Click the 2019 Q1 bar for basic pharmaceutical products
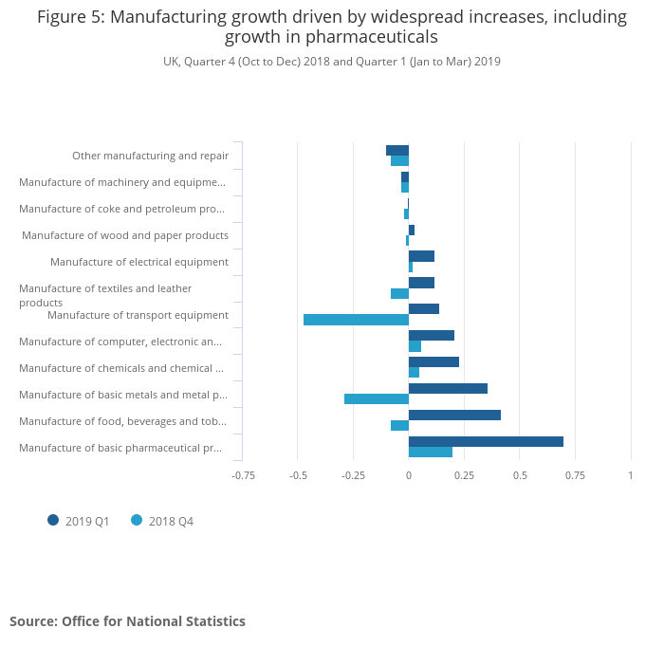coord(486,441)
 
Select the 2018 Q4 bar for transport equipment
coord(356,320)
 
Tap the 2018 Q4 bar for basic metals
coord(377,398)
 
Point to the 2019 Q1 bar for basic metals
coord(448,388)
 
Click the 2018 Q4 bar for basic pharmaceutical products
coord(431,452)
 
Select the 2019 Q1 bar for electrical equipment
coord(421,256)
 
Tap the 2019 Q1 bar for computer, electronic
coord(432,335)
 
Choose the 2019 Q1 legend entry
coord(80,521)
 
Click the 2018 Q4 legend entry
coord(162,521)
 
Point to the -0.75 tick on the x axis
coord(244,475)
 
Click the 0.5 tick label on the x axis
coord(520,475)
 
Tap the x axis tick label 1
coord(631,475)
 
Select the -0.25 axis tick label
coord(354,475)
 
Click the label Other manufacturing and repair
coord(150,156)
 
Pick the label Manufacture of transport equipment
coord(138,315)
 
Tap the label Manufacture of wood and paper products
coord(125,235)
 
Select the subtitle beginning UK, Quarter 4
coord(331,62)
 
